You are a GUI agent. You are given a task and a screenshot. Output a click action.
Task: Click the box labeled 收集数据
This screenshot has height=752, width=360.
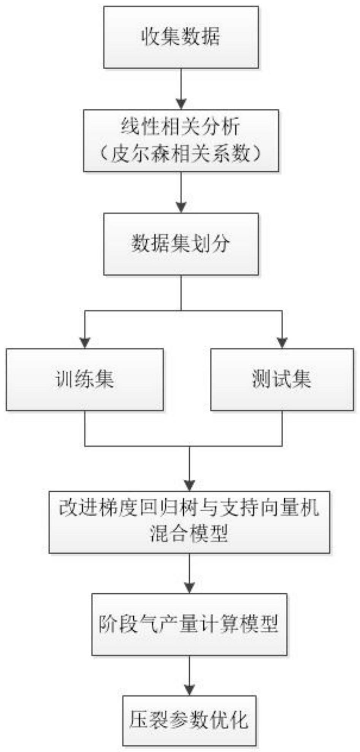click(x=181, y=37)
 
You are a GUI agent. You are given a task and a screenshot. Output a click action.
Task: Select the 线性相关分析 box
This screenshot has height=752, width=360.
click(x=181, y=141)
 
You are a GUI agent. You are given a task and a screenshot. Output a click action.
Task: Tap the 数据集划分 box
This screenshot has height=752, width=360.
click(x=181, y=244)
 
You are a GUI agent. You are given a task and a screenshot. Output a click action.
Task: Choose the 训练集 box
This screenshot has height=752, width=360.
click(x=85, y=379)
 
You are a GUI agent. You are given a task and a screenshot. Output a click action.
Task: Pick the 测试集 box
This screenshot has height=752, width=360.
click(x=282, y=379)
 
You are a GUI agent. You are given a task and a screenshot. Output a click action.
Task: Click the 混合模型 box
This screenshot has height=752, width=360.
click(x=189, y=522)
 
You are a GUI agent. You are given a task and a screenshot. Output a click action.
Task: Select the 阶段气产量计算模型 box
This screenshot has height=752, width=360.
click(x=189, y=624)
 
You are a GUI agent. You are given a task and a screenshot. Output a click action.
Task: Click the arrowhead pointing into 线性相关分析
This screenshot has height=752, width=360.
click(x=181, y=104)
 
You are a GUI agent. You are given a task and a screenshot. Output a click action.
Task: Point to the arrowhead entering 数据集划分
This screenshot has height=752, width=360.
click(x=181, y=207)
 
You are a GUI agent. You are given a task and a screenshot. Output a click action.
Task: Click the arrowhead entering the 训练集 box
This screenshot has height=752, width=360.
click(x=85, y=343)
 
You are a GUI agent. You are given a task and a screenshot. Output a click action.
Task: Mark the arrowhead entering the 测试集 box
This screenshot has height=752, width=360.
click(x=282, y=343)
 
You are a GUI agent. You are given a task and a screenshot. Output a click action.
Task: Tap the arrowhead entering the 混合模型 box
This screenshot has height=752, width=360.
click(x=189, y=485)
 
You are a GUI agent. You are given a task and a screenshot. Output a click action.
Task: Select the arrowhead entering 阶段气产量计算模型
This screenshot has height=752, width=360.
click(x=189, y=587)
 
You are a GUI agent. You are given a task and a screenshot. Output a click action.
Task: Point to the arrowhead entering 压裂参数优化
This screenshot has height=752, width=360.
click(x=189, y=690)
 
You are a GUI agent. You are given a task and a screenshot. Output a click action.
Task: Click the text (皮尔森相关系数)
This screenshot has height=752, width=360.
click(x=181, y=154)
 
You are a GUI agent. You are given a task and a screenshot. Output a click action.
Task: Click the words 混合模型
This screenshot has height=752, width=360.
click(x=189, y=534)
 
